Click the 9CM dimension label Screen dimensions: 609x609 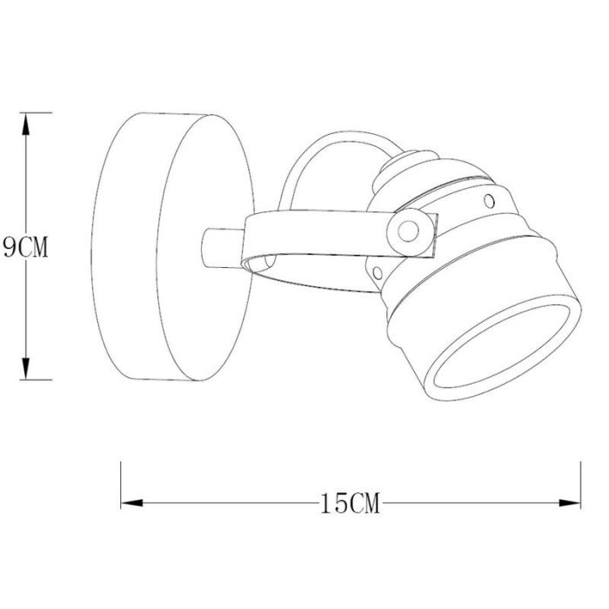(x=25, y=247)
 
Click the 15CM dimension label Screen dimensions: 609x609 (x=350, y=504)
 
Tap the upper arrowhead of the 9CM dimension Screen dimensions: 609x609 (x=25, y=124)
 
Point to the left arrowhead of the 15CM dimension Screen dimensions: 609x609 (x=132, y=503)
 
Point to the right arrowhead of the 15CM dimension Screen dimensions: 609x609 (x=569, y=503)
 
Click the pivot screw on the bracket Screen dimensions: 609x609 (x=408, y=232)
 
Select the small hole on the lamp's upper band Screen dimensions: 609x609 (x=489, y=201)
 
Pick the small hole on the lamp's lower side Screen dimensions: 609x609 (x=378, y=273)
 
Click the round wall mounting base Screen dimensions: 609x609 (x=173, y=247)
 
